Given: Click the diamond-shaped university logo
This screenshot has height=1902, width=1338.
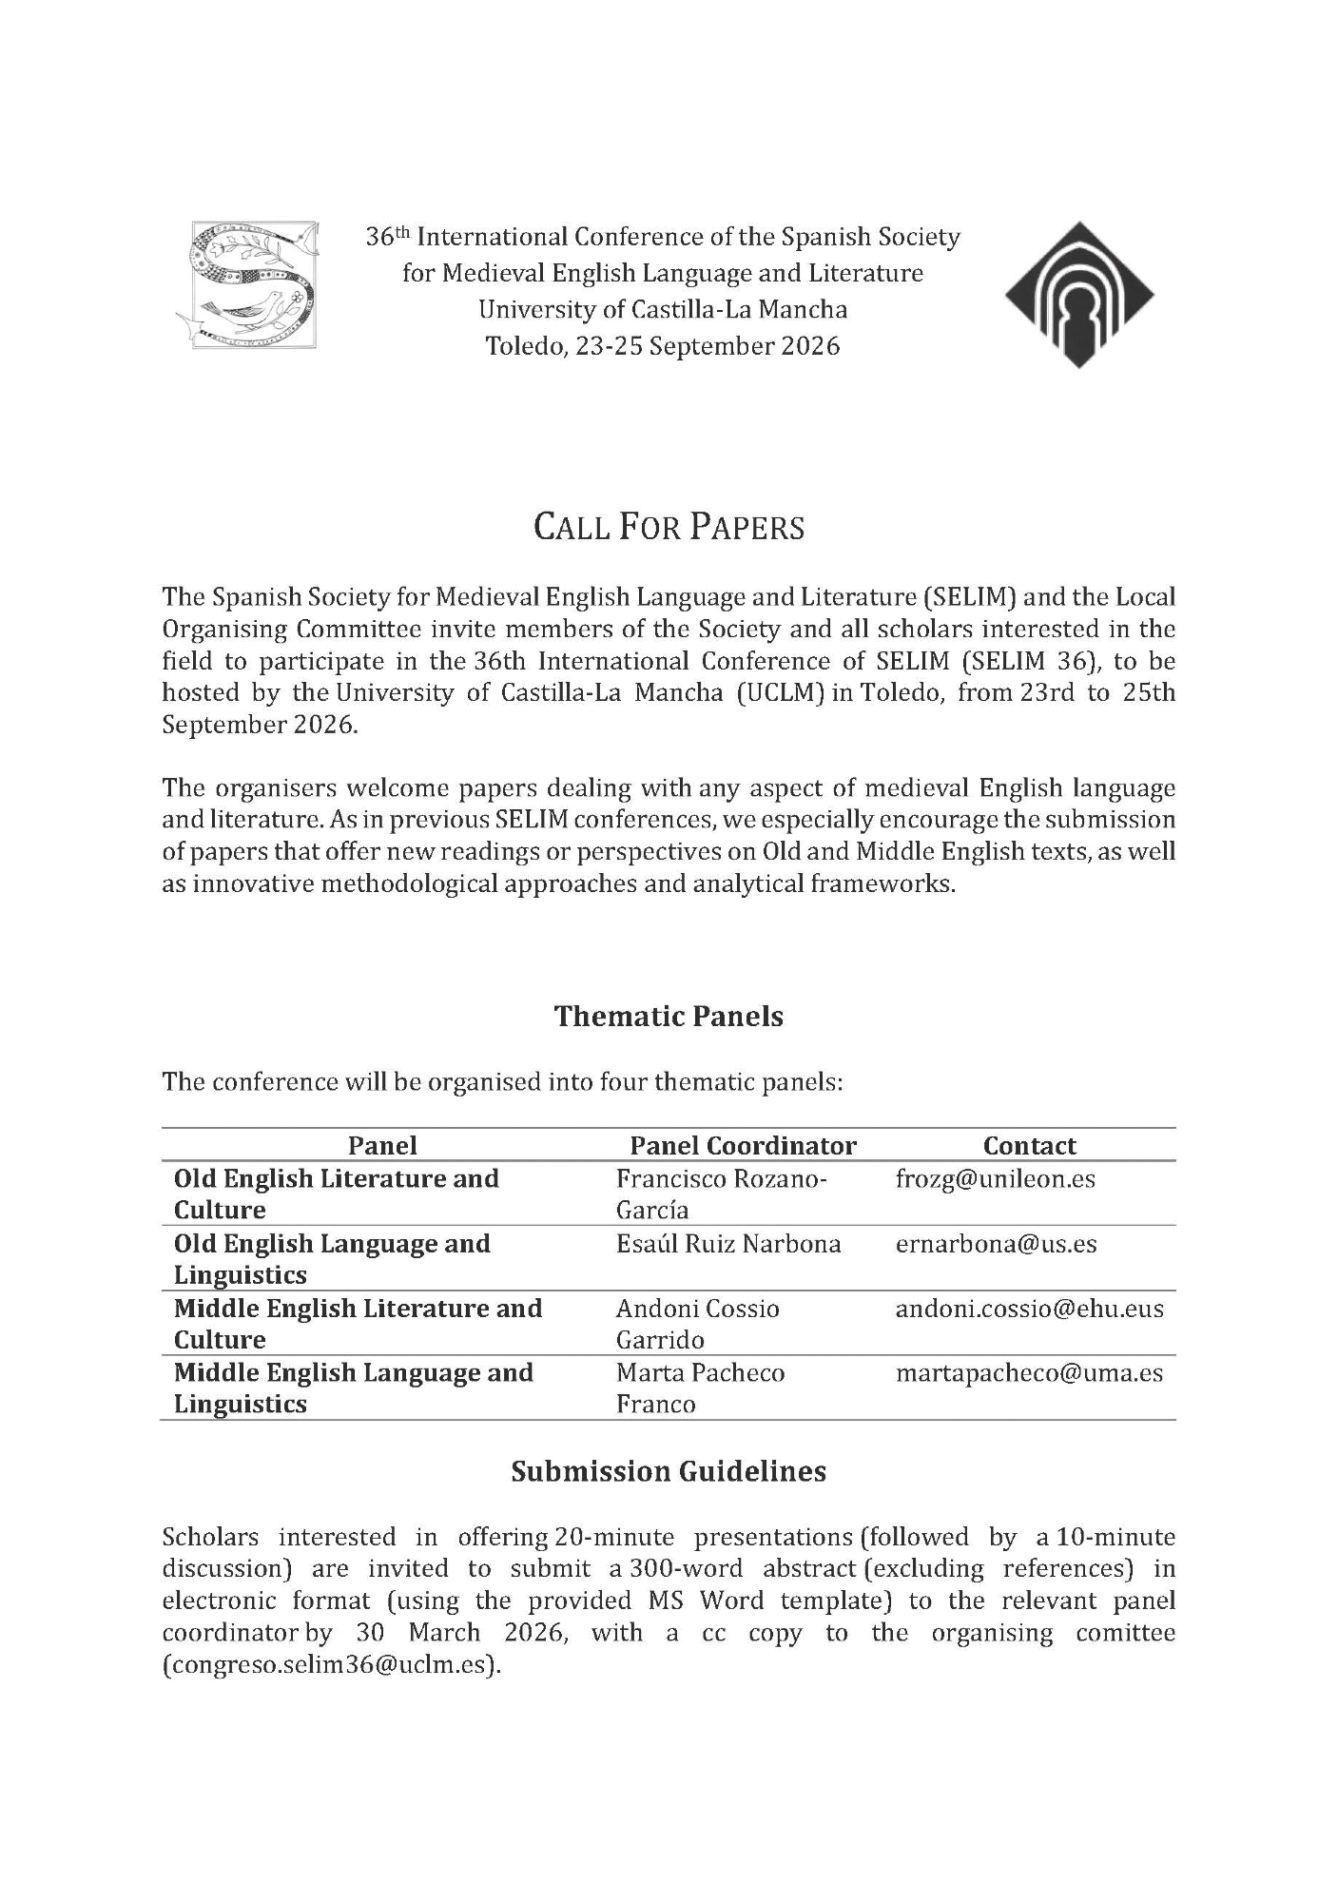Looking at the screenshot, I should tap(1078, 294).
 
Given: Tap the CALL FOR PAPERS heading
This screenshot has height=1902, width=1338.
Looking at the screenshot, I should tap(669, 527).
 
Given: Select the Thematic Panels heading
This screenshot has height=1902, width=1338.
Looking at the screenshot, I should tap(669, 1016).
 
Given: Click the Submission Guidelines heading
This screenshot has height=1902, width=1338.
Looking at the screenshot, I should tap(669, 1471).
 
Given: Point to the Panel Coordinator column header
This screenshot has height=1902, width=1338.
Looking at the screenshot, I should tap(743, 1145).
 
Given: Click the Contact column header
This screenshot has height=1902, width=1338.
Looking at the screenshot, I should tap(1029, 1145).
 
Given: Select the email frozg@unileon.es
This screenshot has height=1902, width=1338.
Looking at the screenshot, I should tap(995, 1179).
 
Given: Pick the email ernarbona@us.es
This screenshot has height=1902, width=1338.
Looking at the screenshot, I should tap(996, 1244).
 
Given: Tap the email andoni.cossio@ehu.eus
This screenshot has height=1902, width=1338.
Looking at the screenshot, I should tap(1029, 1309).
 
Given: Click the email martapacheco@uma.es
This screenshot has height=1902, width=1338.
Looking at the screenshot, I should tap(1029, 1373).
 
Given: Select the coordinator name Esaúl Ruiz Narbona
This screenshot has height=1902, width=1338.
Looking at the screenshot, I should tap(728, 1244).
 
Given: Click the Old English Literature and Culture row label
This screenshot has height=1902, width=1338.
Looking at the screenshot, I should tap(336, 1194).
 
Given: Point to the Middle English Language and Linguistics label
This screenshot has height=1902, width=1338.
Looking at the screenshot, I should tap(353, 1388).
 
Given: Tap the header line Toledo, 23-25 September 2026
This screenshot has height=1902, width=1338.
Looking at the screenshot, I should tap(663, 345).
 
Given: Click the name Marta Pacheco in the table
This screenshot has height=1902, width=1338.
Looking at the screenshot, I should tap(700, 1373).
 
